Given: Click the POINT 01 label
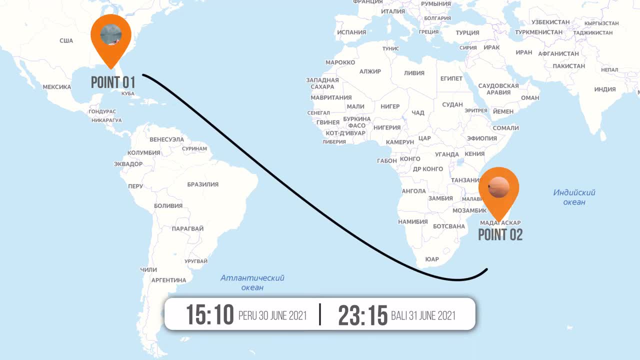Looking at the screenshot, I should pos(113,82).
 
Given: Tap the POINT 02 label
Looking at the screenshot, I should pos(500,234).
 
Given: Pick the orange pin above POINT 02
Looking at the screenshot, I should pos(498,189).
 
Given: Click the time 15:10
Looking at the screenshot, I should pos(210,315).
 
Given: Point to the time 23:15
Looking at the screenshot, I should pos(363,315).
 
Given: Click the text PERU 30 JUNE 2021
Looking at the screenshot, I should pos(272,316).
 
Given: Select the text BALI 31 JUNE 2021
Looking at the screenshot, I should pos(423,316).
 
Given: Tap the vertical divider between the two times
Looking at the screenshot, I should pos(320,314).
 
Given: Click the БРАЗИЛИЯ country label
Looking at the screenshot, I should pos(202,184).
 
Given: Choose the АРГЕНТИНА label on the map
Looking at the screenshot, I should pos(168,280).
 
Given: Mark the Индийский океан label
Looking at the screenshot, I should pos(574,197).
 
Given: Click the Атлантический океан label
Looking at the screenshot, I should pos(252,282).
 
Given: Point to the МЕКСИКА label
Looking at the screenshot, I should pos(56,87).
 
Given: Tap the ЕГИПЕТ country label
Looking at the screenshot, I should pos(451,79).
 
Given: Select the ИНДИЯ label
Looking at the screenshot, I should pos(605,89).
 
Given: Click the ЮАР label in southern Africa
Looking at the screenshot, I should pos(431,259).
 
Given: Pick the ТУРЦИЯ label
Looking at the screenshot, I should pos(467,33).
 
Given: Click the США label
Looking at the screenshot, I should pos(66,41).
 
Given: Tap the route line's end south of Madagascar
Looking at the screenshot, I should pos(486,270).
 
